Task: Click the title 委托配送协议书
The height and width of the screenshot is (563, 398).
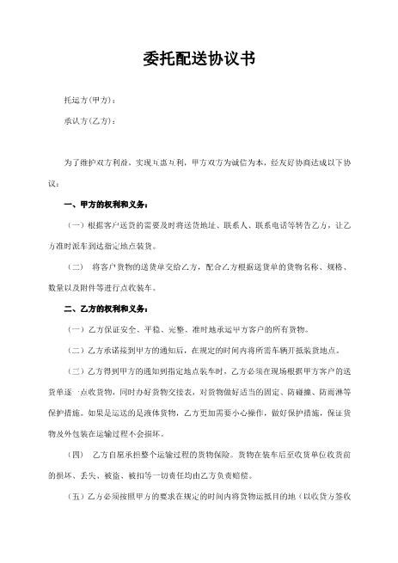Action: click(199, 59)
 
